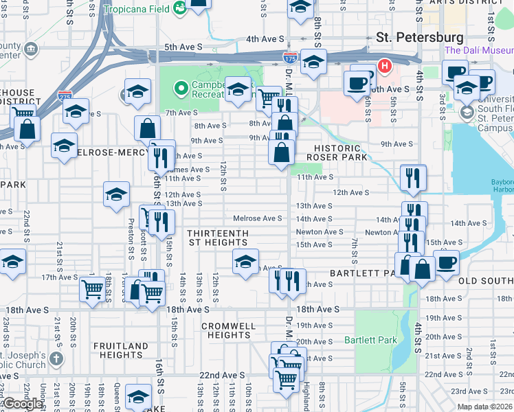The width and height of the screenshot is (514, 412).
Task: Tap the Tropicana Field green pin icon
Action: [x=180, y=8]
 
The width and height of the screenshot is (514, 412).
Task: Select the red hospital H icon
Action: [x=385, y=67]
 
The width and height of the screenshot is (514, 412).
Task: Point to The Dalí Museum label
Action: [x=478, y=50]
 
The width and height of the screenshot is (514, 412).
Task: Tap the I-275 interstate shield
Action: [x=65, y=97]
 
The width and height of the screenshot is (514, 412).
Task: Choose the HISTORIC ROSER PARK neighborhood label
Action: [x=337, y=152]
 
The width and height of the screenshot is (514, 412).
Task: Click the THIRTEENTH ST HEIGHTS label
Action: [x=218, y=238]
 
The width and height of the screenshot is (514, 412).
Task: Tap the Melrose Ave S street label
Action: [x=258, y=218]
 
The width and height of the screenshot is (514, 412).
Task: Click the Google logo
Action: [x=23, y=404]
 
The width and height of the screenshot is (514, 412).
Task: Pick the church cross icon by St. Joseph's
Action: [x=56, y=358]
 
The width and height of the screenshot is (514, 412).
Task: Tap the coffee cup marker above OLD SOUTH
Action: [x=446, y=262]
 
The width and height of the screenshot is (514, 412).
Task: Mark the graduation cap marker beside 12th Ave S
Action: [x=117, y=194]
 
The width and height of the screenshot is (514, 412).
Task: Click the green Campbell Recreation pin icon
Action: [x=181, y=88]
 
